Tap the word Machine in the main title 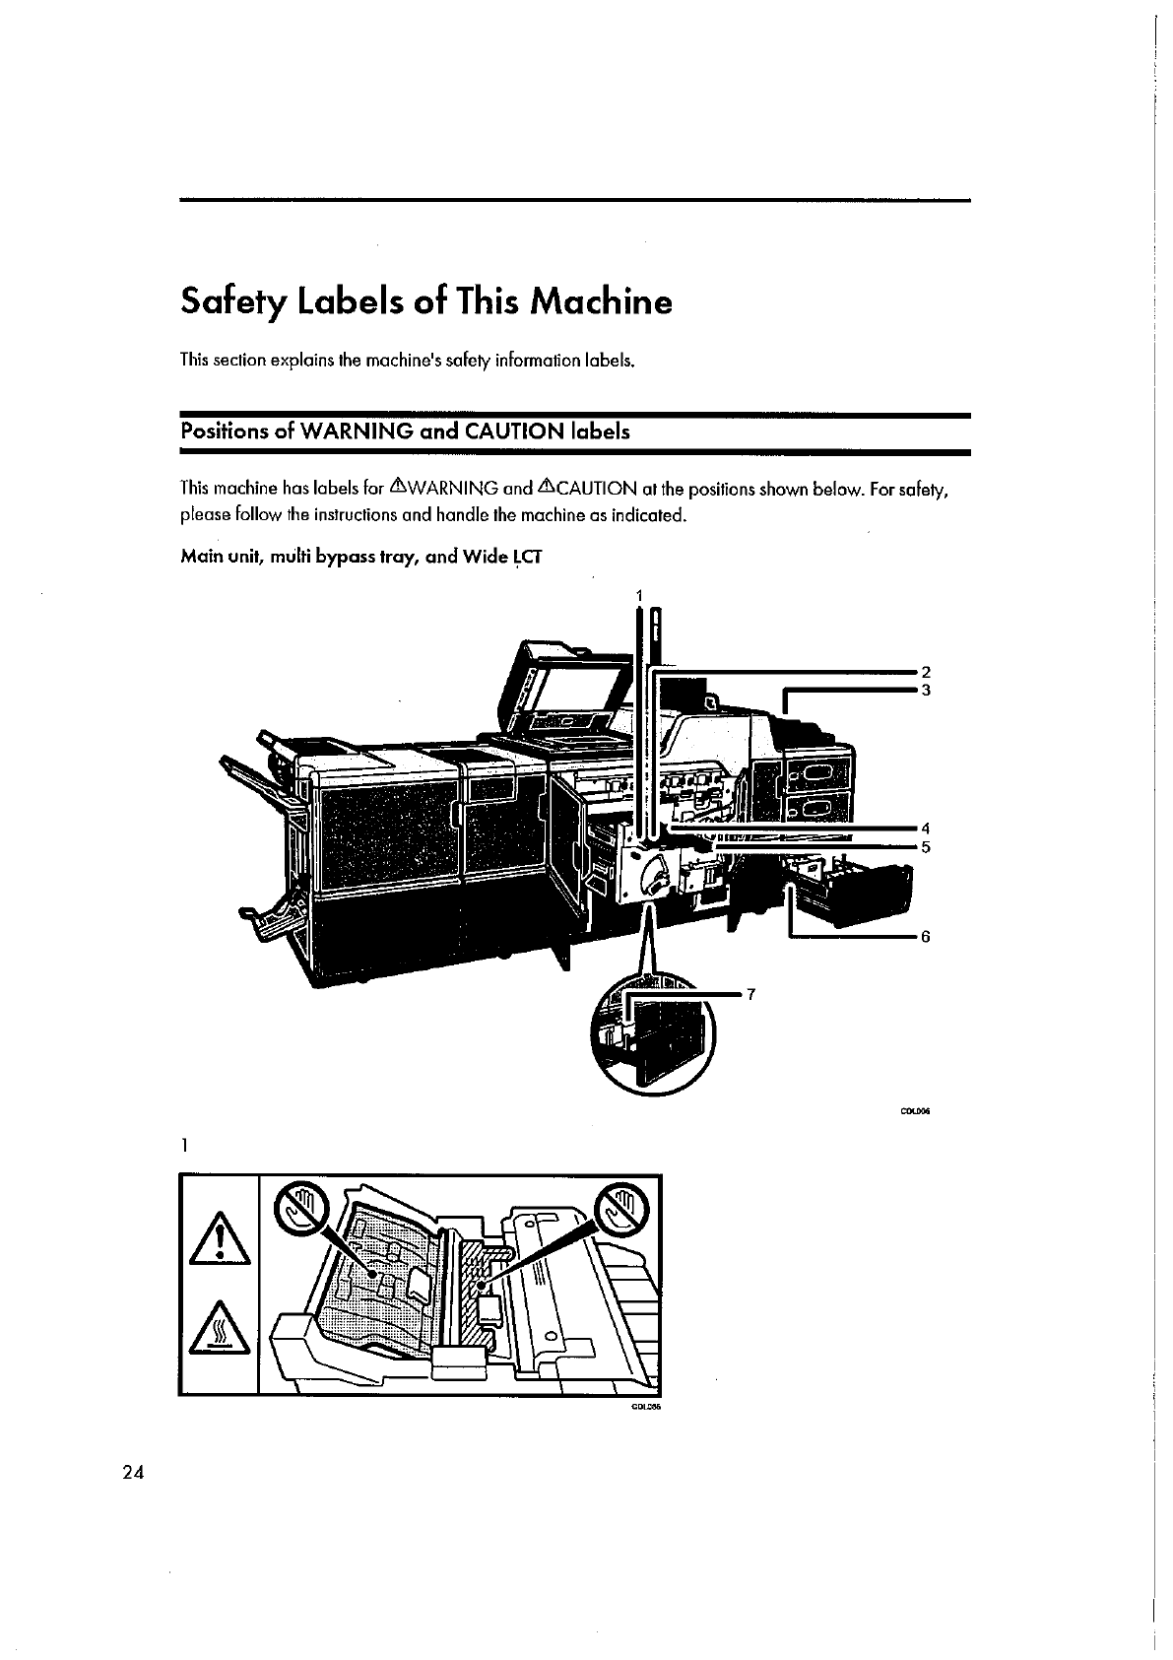pyautogui.click(x=600, y=300)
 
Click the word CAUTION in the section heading pyautogui.click(x=512, y=432)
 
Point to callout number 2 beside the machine pyautogui.click(x=925, y=672)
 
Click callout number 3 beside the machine pyautogui.click(x=925, y=690)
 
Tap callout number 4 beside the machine pyautogui.click(x=925, y=827)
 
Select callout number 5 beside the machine pyautogui.click(x=925, y=845)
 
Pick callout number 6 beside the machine pyautogui.click(x=925, y=937)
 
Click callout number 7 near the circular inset pyautogui.click(x=750, y=994)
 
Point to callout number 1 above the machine pyautogui.click(x=639, y=595)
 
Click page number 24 pyautogui.click(x=133, y=1473)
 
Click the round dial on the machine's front pyautogui.click(x=651, y=875)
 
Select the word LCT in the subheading pyautogui.click(x=527, y=558)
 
